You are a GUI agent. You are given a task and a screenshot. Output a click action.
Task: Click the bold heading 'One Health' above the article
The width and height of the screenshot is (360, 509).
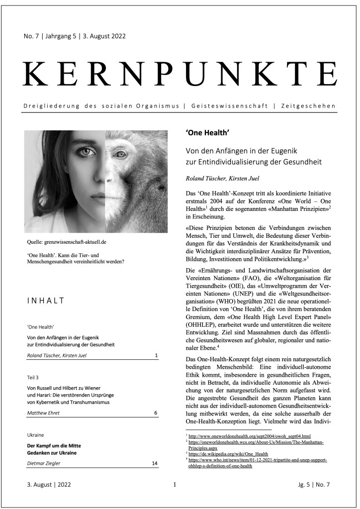207,134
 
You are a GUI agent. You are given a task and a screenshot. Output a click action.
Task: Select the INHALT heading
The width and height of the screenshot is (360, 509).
47,301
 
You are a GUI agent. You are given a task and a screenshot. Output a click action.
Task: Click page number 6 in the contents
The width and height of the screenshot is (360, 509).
156,413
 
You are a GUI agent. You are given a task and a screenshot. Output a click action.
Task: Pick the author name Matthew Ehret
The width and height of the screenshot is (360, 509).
45,413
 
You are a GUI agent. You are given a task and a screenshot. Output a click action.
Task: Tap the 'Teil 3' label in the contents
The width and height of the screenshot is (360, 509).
35,378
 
